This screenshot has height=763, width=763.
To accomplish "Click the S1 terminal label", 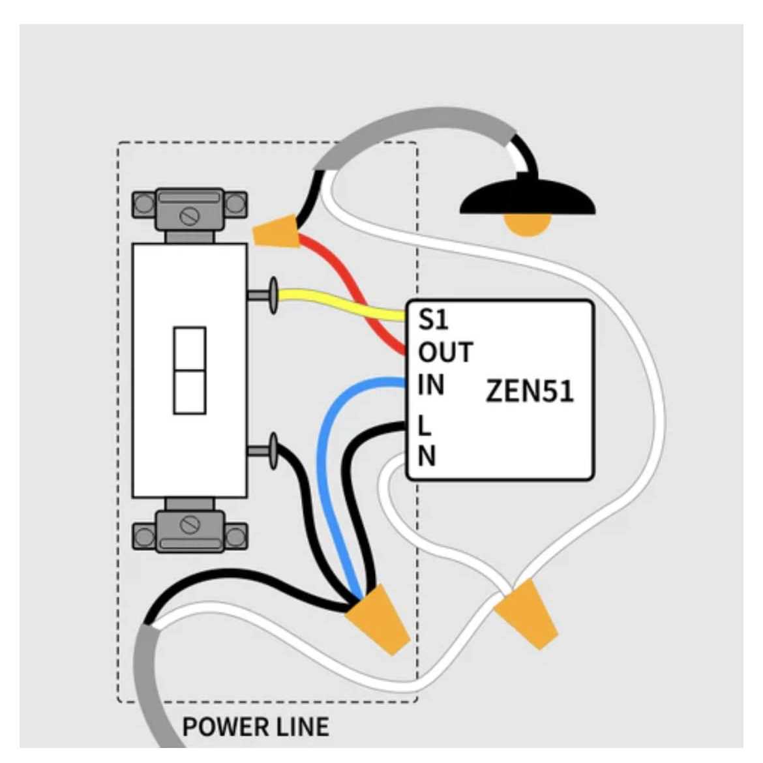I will tap(434, 320).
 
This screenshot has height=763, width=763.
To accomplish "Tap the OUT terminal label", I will tap(445, 352).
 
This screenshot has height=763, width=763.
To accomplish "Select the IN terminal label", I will tap(431, 385).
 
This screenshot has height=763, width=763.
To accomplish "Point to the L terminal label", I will tap(425, 426).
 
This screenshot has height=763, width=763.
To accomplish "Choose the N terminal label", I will tap(426, 456).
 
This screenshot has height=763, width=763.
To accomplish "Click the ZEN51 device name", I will tap(530, 391).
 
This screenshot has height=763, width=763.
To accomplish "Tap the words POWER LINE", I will tap(256, 726).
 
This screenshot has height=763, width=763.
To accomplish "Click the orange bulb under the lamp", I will tap(527, 224).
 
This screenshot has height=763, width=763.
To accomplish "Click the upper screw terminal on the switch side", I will tap(273, 295).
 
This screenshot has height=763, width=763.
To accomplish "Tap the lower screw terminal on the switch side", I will tap(273, 450).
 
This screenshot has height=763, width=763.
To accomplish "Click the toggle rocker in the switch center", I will tap(190, 370).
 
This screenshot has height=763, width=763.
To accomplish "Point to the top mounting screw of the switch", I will tap(189, 216).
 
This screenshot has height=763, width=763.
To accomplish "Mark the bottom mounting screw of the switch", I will tap(189, 524).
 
